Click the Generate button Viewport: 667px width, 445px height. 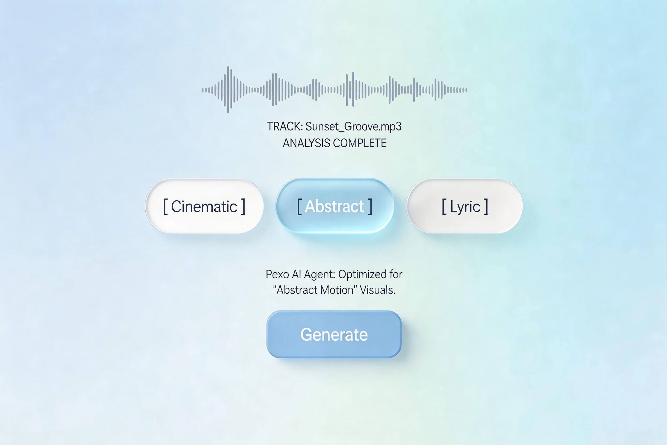(334, 334)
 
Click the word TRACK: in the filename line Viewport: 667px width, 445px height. (284, 126)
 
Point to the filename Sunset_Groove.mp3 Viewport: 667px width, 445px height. (353, 126)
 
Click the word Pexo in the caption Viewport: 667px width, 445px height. (277, 274)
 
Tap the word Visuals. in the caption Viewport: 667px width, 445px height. (377, 290)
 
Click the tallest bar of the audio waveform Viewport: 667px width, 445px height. (228, 90)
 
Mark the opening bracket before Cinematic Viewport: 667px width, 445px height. (165, 207)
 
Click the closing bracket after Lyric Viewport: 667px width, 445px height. (486, 207)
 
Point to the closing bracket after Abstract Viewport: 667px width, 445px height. (370, 207)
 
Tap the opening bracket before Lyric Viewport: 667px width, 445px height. (444, 207)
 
